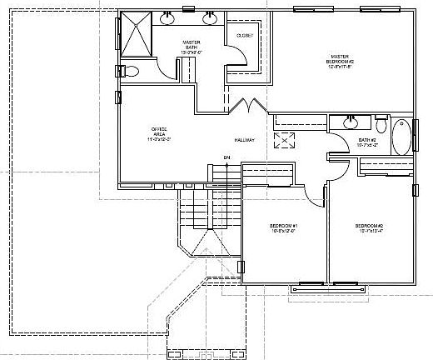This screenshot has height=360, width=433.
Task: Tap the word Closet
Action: [x=245, y=36]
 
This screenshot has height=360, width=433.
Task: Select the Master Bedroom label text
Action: [x=342, y=61]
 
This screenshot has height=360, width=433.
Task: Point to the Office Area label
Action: [x=158, y=132]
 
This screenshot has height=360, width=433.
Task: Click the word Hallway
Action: [x=243, y=139]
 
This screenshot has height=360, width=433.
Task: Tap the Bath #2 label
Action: [x=368, y=142]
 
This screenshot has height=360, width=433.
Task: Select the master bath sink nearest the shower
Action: [x=167, y=16]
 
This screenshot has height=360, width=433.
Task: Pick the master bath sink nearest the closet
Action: [x=209, y=16]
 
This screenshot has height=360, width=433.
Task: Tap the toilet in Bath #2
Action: [x=381, y=125]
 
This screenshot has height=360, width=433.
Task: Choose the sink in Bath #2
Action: [x=350, y=122]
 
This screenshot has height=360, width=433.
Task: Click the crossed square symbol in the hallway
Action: [x=286, y=139]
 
